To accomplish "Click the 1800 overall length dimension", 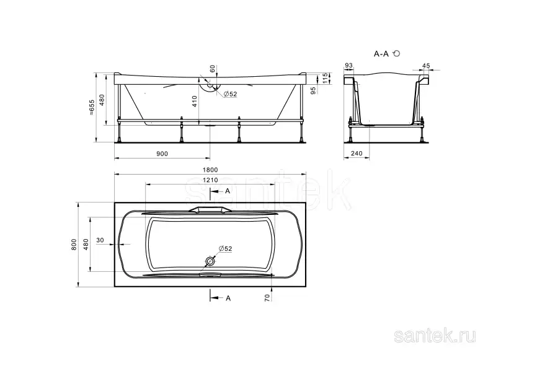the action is [x=210, y=170].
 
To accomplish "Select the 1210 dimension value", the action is [x=210, y=180].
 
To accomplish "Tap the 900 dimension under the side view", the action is [x=162, y=154].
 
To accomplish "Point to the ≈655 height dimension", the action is [x=91, y=107].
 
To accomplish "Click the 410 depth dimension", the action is [x=195, y=102].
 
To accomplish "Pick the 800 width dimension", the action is [x=74, y=245].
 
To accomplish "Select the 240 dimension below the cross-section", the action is [x=357, y=153].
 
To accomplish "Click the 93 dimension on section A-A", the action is [x=348, y=66].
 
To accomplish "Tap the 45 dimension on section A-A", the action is [x=426, y=66].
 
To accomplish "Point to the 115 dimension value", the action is [x=326, y=78].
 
